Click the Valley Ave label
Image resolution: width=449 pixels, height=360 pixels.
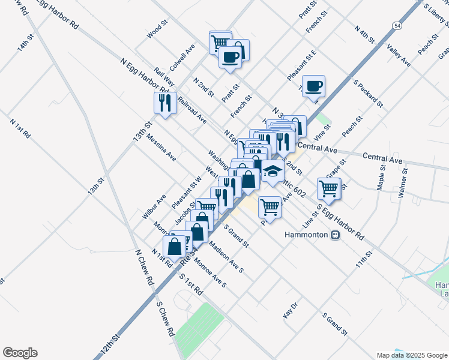(x=399, y=55)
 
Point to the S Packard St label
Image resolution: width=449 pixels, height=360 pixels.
(x=368, y=93)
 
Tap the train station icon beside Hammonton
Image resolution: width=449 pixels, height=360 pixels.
(x=336, y=235)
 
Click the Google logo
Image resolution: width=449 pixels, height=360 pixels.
(x=20, y=353)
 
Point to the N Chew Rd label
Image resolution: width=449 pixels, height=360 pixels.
(x=143, y=267)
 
